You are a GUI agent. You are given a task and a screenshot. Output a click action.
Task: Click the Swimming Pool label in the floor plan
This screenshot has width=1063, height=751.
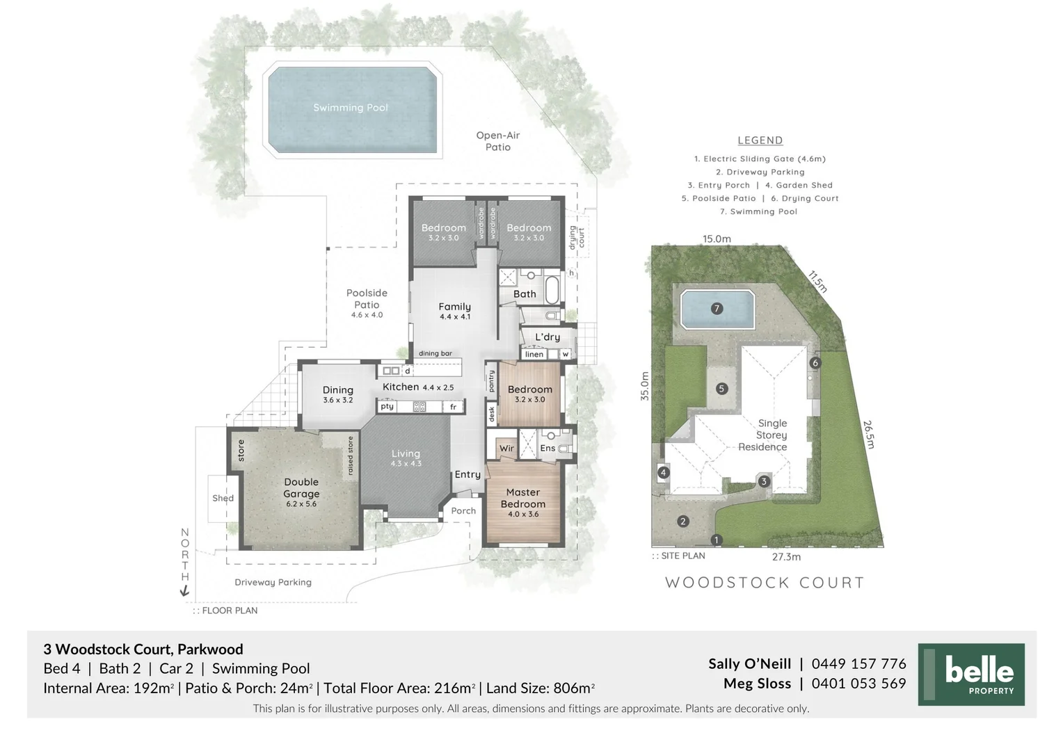point(351,108)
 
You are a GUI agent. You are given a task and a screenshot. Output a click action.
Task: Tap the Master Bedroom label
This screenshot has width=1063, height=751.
point(523,499)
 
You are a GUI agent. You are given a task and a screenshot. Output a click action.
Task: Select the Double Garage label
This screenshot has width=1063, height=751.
point(301,487)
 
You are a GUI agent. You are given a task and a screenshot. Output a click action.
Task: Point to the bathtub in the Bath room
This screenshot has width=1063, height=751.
point(552,291)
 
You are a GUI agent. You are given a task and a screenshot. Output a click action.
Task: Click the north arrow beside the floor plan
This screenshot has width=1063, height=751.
point(185,590)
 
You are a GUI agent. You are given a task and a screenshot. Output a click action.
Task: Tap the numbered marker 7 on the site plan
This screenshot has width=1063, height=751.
point(717,309)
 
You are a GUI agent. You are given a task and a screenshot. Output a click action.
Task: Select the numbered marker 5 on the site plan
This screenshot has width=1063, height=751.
point(721,389)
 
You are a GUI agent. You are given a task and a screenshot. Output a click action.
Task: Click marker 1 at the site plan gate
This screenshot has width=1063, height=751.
point(716,540)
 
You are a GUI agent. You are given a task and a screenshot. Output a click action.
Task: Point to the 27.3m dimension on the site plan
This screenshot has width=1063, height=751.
point(786,557)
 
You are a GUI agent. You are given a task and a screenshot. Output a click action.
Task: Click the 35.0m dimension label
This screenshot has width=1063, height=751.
point(645,386)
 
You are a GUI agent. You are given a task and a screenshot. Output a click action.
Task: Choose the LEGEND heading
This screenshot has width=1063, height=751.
point(760,140)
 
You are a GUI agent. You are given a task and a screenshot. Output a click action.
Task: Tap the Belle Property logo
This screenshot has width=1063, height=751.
point(971,675)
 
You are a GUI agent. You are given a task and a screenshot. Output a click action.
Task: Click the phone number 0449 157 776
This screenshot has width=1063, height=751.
point(858,664)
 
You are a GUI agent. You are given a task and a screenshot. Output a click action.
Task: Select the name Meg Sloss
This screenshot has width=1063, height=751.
point(757,684)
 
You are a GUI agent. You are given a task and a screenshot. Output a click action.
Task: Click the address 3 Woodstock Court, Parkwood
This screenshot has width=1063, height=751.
point(143,649)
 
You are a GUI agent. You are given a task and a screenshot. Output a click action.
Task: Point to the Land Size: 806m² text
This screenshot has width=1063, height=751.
point(540,688)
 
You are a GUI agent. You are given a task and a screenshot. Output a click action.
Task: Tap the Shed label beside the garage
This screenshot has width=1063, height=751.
point(223,499)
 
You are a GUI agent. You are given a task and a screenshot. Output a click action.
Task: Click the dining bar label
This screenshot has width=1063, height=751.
point(435,353)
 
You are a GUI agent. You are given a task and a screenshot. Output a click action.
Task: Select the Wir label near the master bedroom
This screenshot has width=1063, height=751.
point(507,449)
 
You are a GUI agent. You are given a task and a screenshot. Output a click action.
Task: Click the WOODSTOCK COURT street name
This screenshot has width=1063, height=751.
point(765,583)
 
